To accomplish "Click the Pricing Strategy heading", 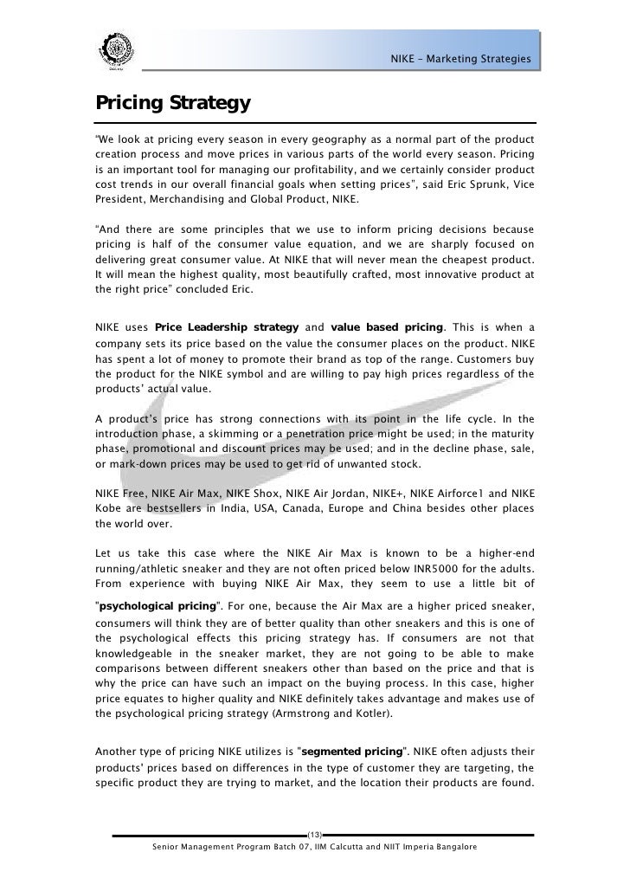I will [173, 104].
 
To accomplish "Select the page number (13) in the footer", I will [315, 834].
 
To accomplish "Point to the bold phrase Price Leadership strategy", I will [227, 326].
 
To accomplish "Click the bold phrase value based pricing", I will [387, 326].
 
